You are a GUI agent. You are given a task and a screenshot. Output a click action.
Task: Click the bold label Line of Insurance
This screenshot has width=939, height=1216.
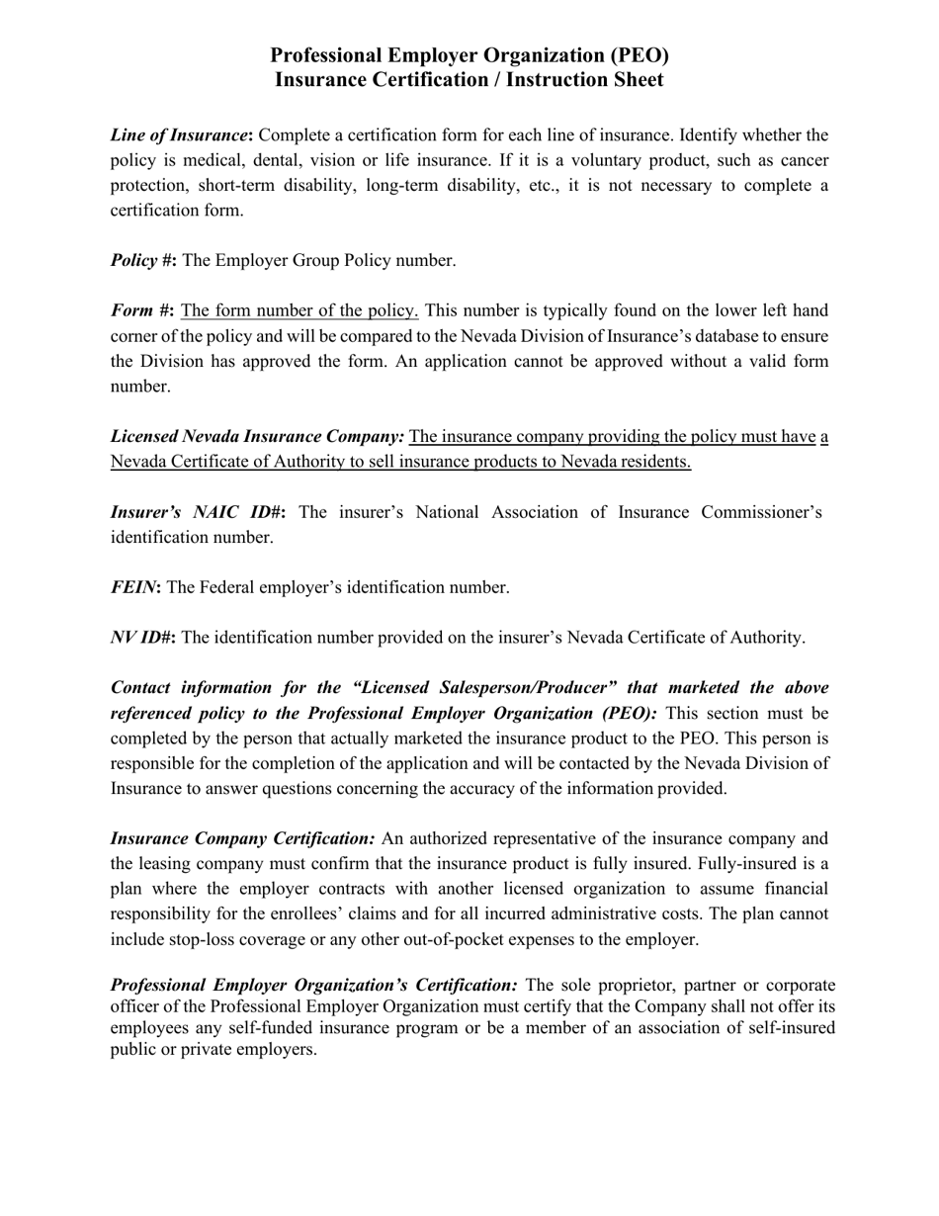179,134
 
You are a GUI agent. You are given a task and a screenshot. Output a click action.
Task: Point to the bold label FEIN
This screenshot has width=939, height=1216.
134,587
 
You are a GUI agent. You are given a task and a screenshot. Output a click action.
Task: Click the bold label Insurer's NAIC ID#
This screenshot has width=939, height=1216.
198,512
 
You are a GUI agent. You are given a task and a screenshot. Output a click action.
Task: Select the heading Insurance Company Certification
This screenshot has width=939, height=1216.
242,838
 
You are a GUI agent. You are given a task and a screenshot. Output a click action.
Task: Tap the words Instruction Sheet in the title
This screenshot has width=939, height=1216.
584,80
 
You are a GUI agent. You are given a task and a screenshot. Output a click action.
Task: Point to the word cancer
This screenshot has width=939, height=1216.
802,160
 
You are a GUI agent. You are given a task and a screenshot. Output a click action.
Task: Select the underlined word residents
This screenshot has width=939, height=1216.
655,462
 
